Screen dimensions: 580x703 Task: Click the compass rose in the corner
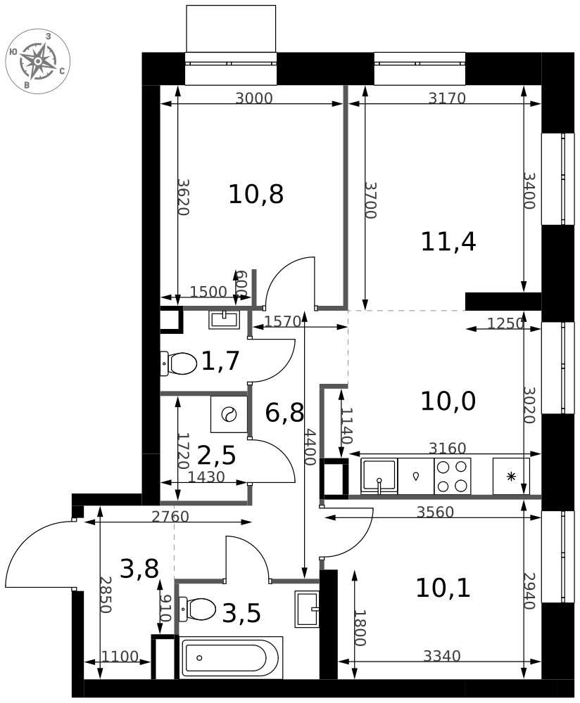tap(38, 60)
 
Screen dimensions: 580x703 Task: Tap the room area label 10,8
tap(256, 195)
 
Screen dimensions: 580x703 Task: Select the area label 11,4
tap(448, 242)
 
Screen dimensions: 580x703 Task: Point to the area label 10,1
tap(443, 588)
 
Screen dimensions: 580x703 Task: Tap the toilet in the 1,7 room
tap(179, 363)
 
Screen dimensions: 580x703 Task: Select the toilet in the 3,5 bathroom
tap(198, 609)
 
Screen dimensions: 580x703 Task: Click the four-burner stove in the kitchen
tap(452, 476)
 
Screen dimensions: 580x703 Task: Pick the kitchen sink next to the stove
tap(379, 476)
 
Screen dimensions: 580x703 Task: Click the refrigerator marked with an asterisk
tap(511, 476)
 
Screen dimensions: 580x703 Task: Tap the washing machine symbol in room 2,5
tap(229, 414)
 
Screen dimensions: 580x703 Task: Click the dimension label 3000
tap(254, 98)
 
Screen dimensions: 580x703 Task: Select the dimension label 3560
tap(435, 512)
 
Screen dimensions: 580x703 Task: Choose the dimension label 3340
tap(442, 656)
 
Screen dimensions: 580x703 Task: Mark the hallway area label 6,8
tap(284, 413)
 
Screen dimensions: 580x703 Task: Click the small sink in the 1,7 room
tap(224, 320)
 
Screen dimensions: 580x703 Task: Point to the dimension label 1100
tap(120, 657)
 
